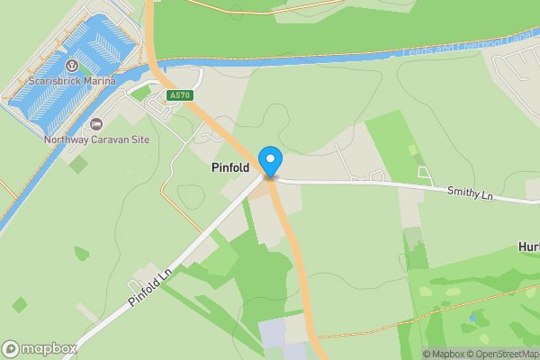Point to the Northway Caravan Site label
tap(97, 139)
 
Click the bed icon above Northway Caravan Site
tap(97, 124)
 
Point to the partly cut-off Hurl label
tap(528, 246)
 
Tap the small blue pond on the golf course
tap(472, 318)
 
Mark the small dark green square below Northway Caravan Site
tap(79, 165)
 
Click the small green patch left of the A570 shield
tap(141, 93)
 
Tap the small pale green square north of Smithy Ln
tap(413, 149)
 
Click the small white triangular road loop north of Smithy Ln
tap(423, 171)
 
